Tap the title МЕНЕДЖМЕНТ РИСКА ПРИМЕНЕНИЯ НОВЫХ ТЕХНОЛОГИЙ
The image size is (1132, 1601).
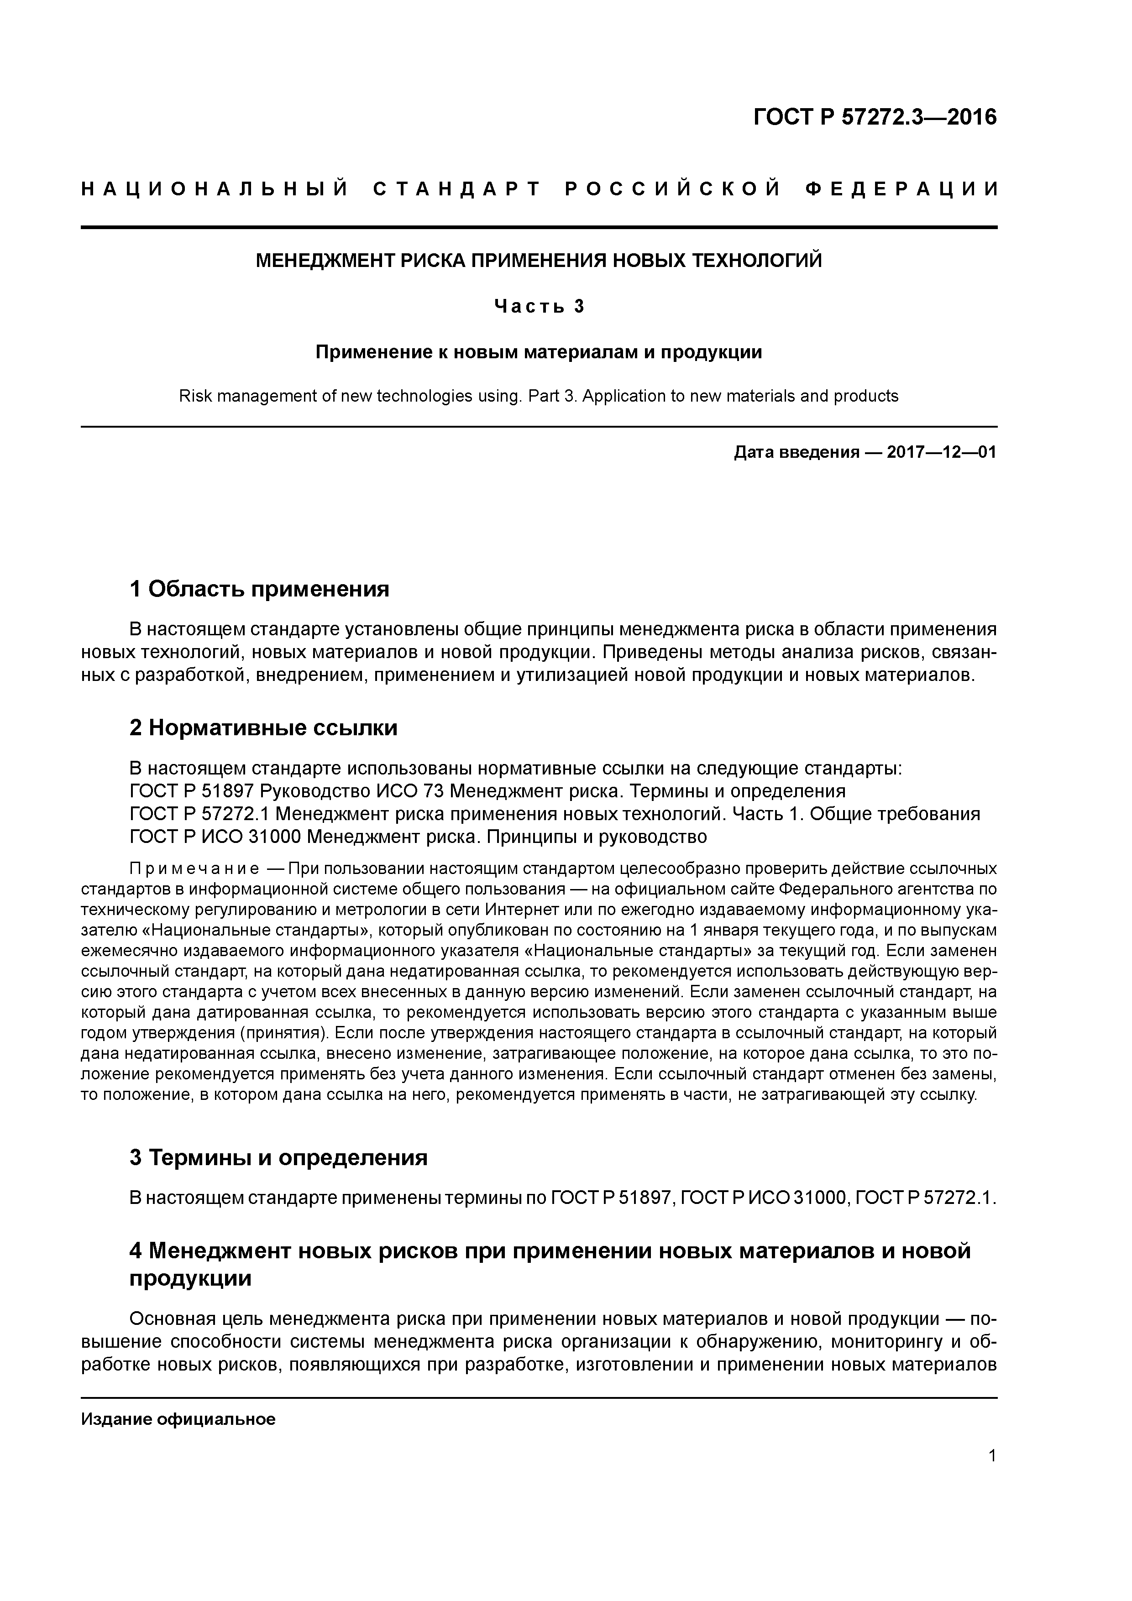539,261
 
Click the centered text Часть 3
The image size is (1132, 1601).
539,306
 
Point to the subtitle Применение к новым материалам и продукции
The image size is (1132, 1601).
539,352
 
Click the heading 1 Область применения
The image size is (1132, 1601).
259,589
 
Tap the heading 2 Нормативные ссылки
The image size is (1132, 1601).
264,728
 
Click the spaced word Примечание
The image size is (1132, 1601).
194,869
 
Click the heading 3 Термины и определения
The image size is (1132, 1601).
278,1157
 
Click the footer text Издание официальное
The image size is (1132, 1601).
178,1413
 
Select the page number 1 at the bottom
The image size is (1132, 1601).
992,1455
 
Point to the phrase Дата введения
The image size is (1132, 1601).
796,453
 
